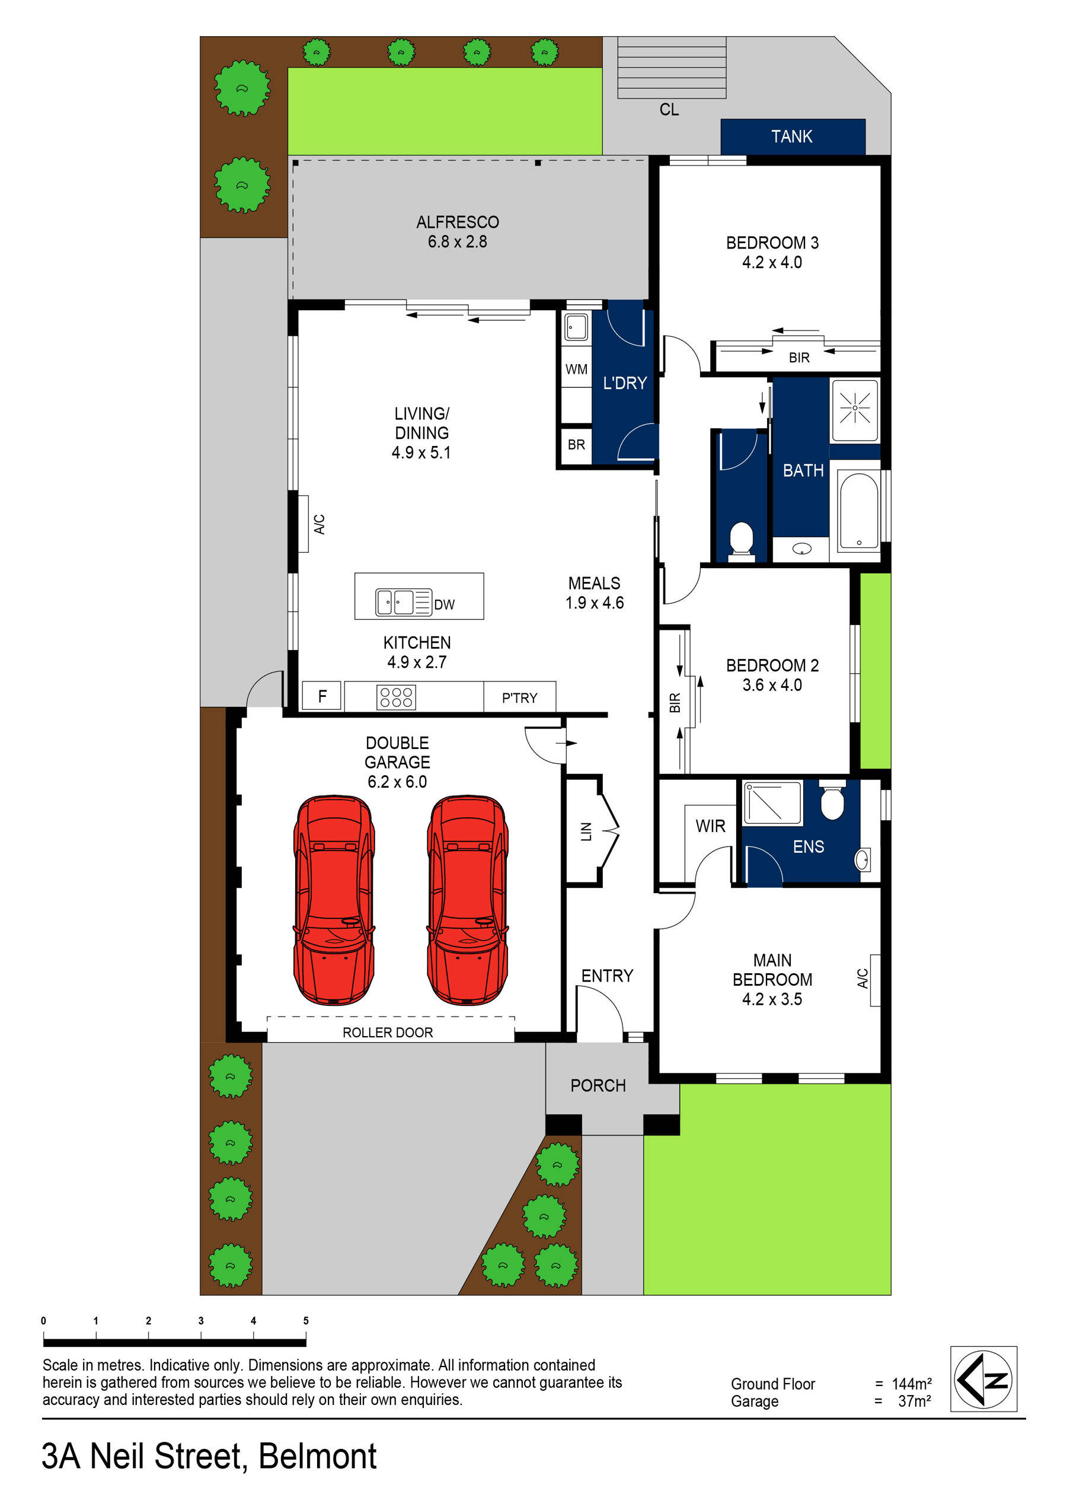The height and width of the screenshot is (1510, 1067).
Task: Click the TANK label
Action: [791, 137]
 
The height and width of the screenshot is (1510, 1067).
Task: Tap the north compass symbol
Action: [983, 1379]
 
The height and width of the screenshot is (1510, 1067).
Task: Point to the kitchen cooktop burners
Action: [396, 697]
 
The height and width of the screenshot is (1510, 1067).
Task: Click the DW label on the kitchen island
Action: [445, 604]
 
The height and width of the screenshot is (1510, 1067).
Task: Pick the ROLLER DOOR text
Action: [387, 1033]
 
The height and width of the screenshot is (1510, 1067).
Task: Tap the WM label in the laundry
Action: [577, 369]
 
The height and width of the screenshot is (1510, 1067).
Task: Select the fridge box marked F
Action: [322, 696]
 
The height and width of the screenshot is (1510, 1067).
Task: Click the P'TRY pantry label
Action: [519, 698]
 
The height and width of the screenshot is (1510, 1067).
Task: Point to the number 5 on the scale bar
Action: [306, 1321]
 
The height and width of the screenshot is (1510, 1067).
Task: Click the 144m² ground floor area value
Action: [911, 1384]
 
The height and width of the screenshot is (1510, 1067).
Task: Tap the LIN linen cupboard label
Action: [586, 832]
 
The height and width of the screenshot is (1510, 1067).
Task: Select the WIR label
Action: [710, 826]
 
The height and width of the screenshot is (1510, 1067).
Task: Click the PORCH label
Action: [598, 1085]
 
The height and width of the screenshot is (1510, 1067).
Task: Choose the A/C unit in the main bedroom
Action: [874, 979]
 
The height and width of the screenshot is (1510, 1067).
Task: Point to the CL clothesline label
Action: [669, 110]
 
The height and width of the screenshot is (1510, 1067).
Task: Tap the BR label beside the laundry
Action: [577, 445]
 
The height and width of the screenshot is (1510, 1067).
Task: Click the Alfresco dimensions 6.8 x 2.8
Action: [458, 242]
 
